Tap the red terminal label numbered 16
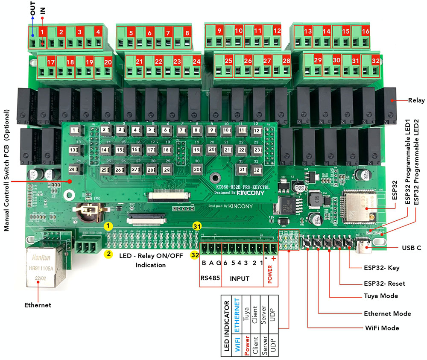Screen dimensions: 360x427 [x=366, y=31]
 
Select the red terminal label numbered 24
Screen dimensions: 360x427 [x=196, y=61]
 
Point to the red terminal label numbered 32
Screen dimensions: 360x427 [x=375, y=61]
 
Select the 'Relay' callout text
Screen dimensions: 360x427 [x=416, y=101]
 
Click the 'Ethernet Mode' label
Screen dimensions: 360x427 [x=387, y=313]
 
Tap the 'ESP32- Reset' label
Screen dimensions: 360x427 [x=385, y=283]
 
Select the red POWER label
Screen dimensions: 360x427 [x=270, y=278]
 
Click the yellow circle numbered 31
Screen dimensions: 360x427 [x=197, y=226]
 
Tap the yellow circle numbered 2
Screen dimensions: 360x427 [x=109, y=254]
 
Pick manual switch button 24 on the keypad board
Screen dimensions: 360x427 [x=74, y=169]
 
